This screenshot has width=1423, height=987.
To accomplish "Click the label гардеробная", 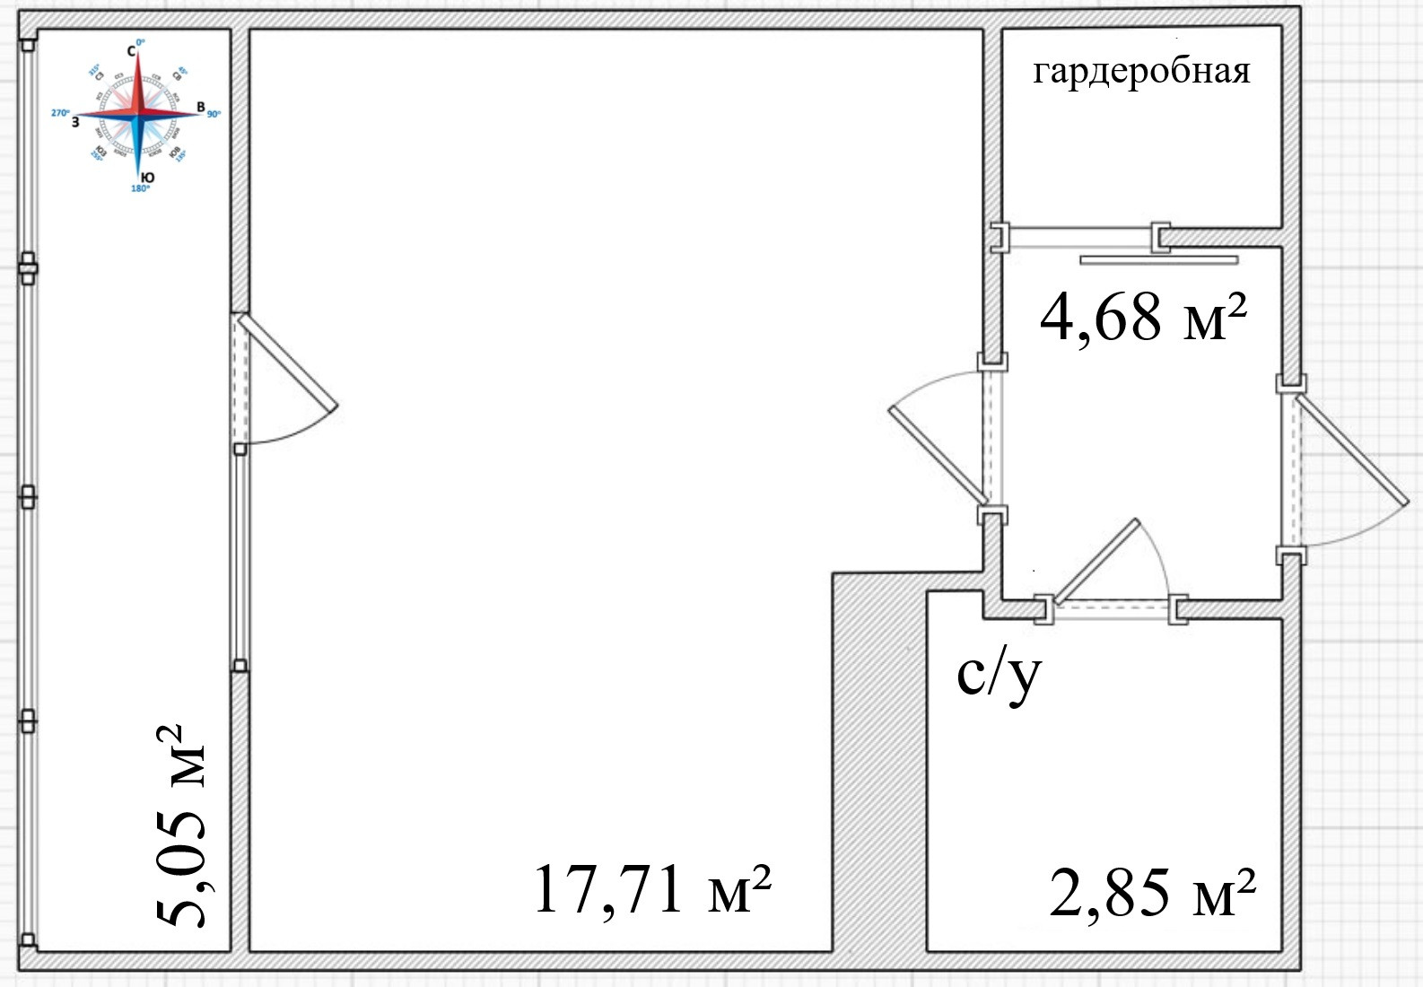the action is [1141, 71].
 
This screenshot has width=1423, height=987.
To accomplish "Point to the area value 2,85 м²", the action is [1151, 891].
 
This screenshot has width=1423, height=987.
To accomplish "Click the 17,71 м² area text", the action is [652, 888].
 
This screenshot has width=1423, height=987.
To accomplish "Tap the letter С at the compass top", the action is [131, 52].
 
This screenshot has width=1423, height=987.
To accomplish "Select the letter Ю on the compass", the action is [148, 179].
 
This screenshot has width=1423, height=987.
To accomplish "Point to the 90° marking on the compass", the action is [214, 114].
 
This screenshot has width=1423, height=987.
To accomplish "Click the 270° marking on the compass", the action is [60, 113].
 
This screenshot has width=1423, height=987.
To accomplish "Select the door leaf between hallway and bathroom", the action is [1096, 562].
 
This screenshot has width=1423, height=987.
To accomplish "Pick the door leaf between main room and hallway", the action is [938, 454].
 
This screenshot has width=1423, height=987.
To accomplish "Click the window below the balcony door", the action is [240, 556].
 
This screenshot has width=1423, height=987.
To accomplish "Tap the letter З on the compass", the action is [75, 121].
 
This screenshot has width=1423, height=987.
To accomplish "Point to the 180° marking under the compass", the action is [141, 189].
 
